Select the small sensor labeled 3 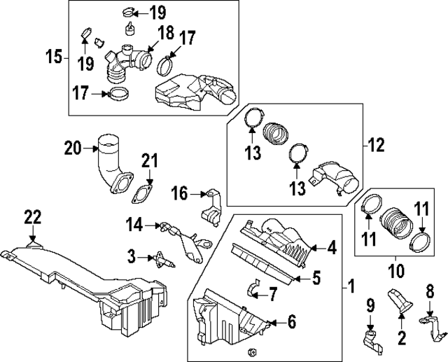click(160, 257)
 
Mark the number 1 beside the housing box click(351, 286)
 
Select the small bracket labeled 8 click(428, 321)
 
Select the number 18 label click(165, 33)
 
